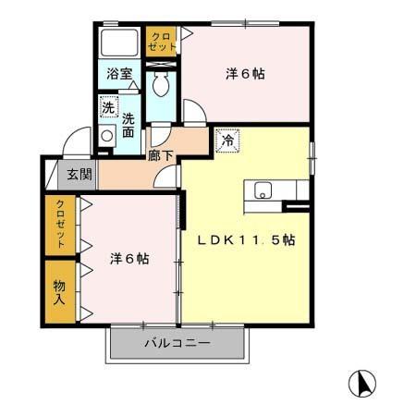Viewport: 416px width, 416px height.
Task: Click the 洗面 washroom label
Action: click(x=128, y=125)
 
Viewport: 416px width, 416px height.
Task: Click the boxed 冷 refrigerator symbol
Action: click(x=226, y=141)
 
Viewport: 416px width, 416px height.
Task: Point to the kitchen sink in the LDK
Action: click(x=263, y=192)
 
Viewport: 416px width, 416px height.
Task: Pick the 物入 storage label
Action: click(x=59, y=292)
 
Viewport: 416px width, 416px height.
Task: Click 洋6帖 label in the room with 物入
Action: click(x=130, y=259)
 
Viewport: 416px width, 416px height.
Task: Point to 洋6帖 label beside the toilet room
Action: click(x=245, y=74)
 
